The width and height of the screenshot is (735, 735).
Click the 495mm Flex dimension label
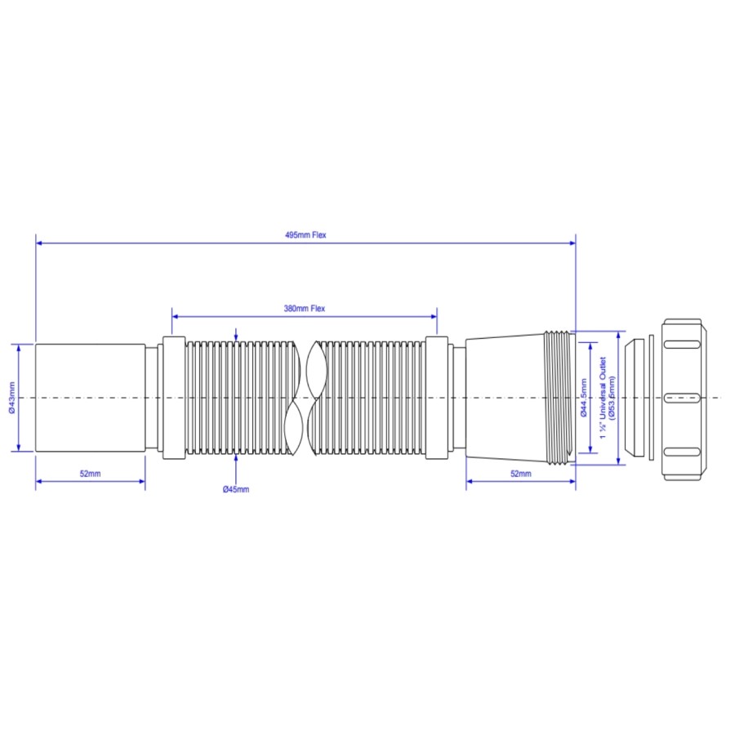pyautogui.click(x=305, y=235)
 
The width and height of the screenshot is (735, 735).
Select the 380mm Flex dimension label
pyautogui.click(x=305, y=309)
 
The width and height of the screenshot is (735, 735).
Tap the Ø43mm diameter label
pyautogui.click(x=11, y=398)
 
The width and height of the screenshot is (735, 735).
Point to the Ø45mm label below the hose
pyautogui.click(x=236, y=489)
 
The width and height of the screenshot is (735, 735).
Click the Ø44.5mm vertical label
pyautogui.click(x=584, y=398)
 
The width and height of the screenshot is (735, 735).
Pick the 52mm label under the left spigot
pyautogui.click(x=90, y=474)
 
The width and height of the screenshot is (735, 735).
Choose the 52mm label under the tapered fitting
pyautogui.click(x=521, y=474)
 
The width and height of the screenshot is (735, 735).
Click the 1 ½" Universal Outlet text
pyautogui.click(x=603, y=398)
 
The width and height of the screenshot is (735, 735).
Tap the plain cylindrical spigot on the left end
pyautogui.click(x=90, y=398)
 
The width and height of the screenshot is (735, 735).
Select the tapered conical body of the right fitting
pyautogui.click(x=506, y=398)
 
